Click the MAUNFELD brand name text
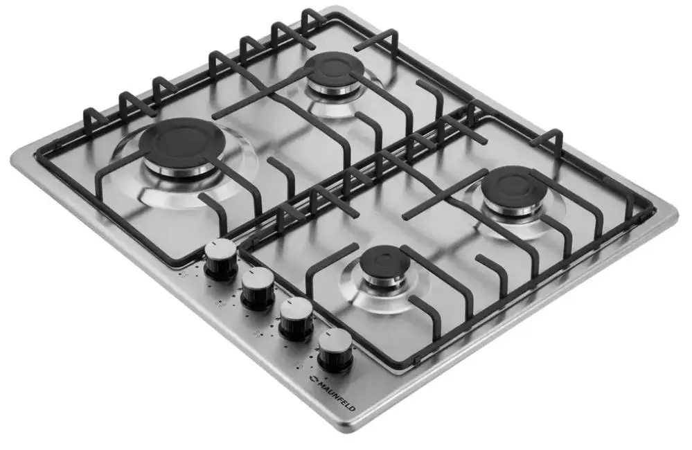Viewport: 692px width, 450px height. (x=335, y=395)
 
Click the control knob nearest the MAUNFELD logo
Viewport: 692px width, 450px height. (x=335, y=350)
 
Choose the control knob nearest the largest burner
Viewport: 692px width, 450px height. (x=220, y=260)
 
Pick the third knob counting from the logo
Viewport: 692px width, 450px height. (x=257, y=288)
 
